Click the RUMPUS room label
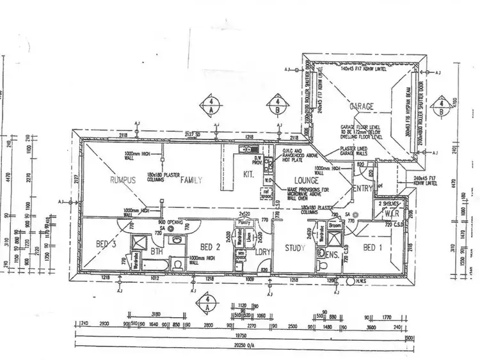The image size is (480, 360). click(x=124, y=180)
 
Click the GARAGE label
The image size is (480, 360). click(x=362, y=107)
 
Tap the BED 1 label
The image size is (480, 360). click(x=373, y=247)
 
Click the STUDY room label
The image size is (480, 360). click(x=293, y=248)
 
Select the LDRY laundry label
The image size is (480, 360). click(x=262, y=251)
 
